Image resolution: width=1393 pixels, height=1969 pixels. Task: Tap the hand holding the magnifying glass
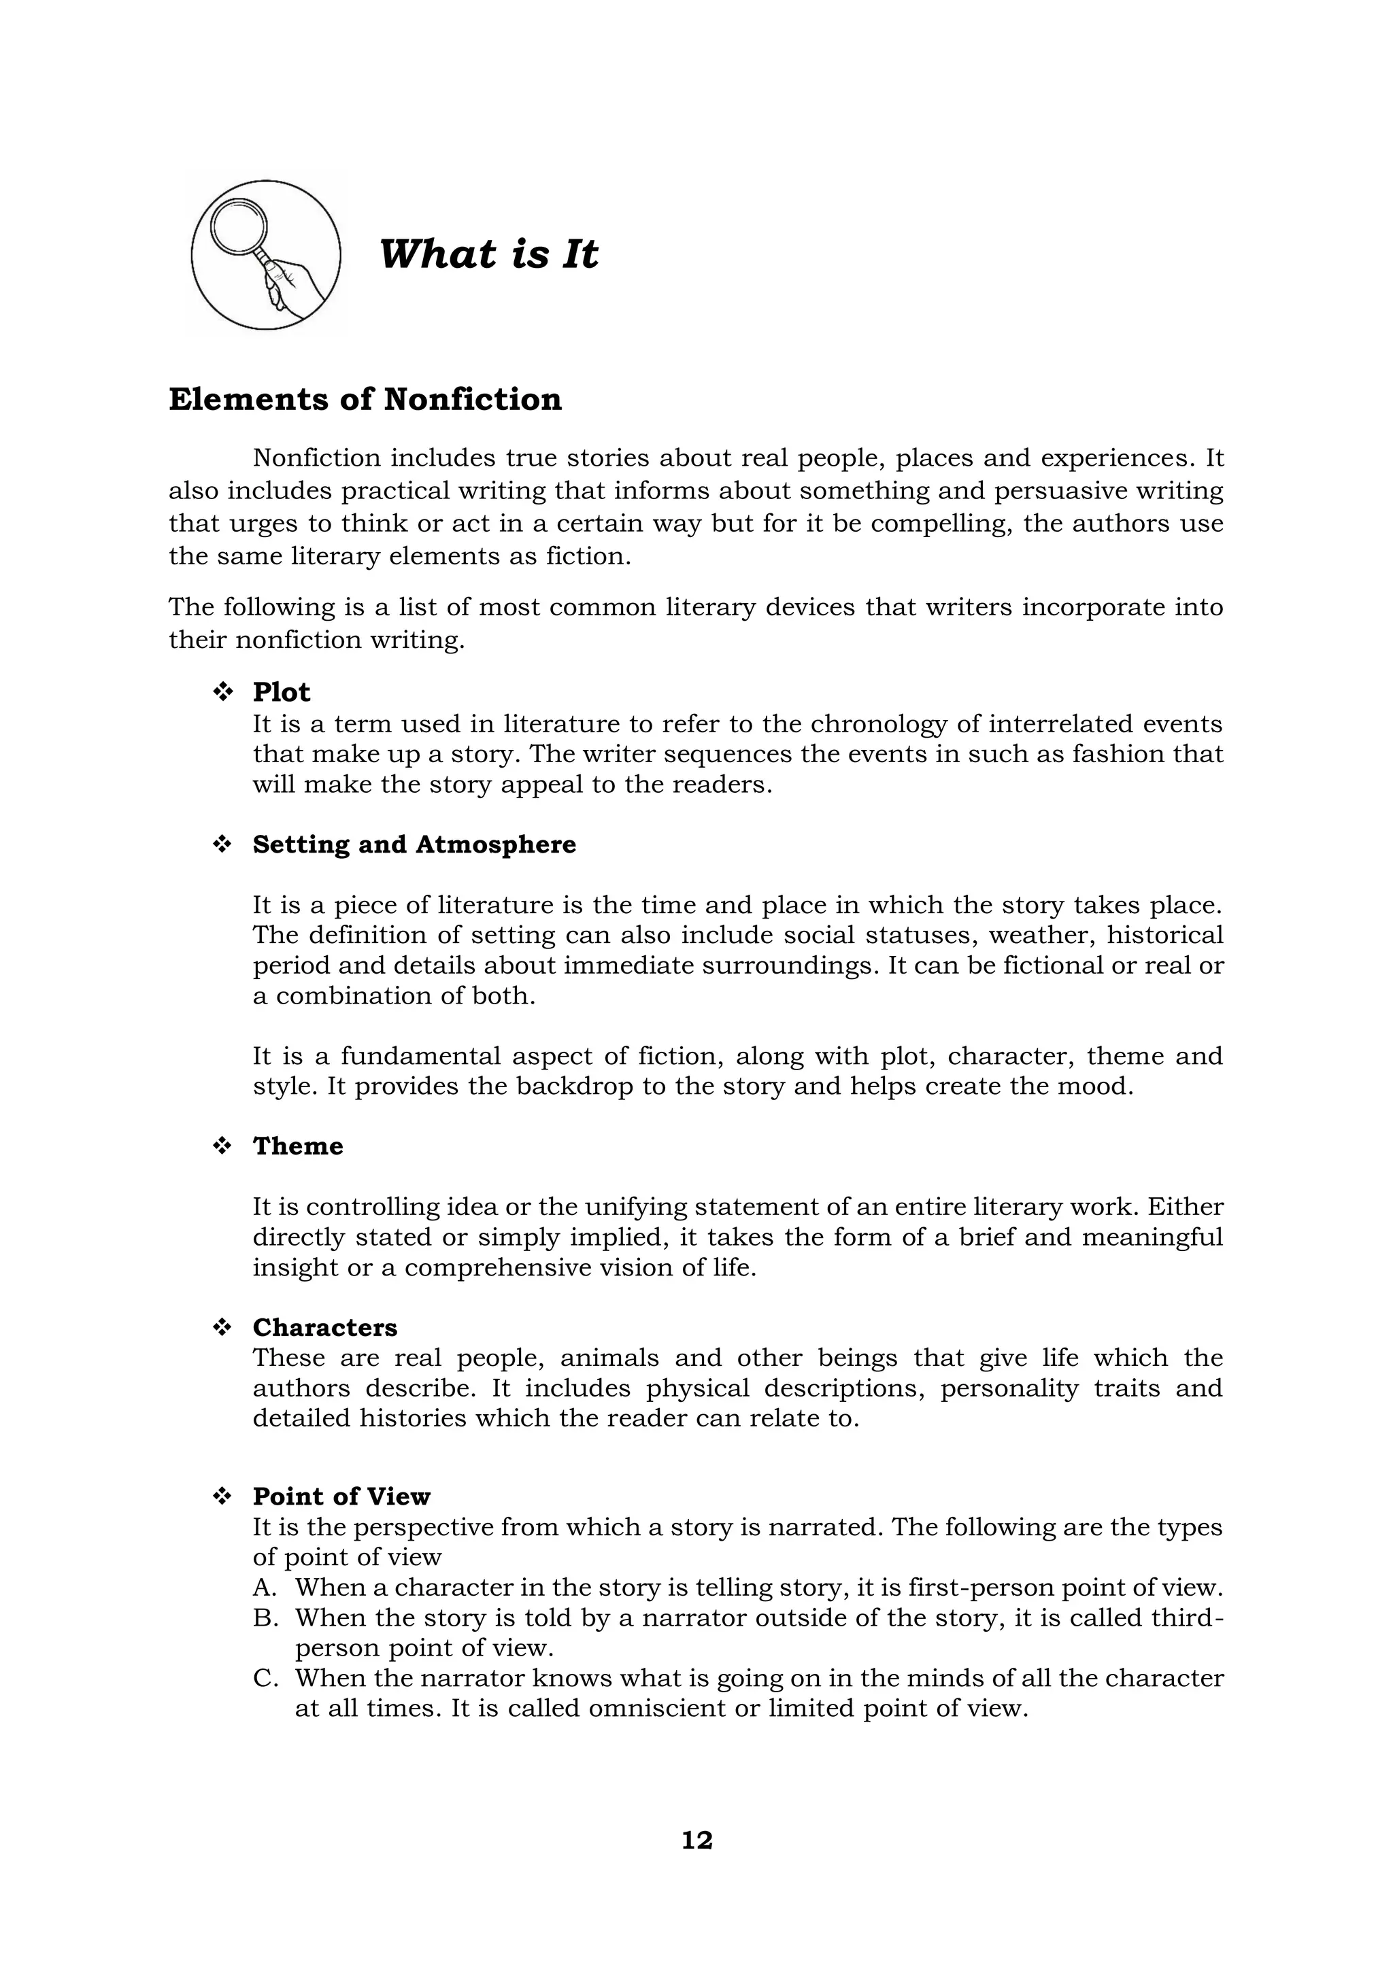296,283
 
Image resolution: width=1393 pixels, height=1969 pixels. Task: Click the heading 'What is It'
488,254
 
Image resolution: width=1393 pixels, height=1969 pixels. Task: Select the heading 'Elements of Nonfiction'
365,400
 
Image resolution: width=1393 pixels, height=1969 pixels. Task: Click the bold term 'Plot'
282,692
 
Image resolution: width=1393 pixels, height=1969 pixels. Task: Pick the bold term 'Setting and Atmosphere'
414,844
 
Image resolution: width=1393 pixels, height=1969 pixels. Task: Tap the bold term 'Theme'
298,1146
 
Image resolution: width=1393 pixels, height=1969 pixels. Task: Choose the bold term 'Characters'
325,1328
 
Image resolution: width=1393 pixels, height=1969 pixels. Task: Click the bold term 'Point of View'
341,1496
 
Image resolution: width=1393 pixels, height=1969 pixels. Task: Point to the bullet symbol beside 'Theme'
223,1146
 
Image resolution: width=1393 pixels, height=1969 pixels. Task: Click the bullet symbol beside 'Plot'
223,692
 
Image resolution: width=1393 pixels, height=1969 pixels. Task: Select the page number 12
696,1840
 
